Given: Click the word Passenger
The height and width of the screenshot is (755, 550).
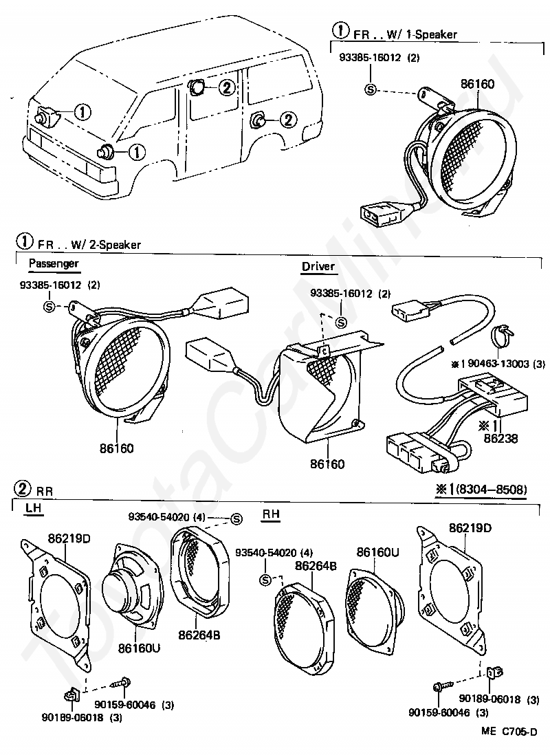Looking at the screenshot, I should point(54,263).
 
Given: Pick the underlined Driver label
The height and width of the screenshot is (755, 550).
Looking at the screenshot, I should point(318,266).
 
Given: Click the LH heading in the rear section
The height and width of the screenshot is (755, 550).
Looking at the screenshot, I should point(33,507).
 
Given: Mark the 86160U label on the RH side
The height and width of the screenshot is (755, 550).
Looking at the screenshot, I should point(377,552).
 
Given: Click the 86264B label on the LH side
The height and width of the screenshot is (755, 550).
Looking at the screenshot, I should point(197,635).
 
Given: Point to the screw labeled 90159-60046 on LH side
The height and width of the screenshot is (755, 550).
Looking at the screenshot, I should point(127,683).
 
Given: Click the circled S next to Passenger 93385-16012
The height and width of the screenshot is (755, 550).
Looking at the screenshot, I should point(49,306).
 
